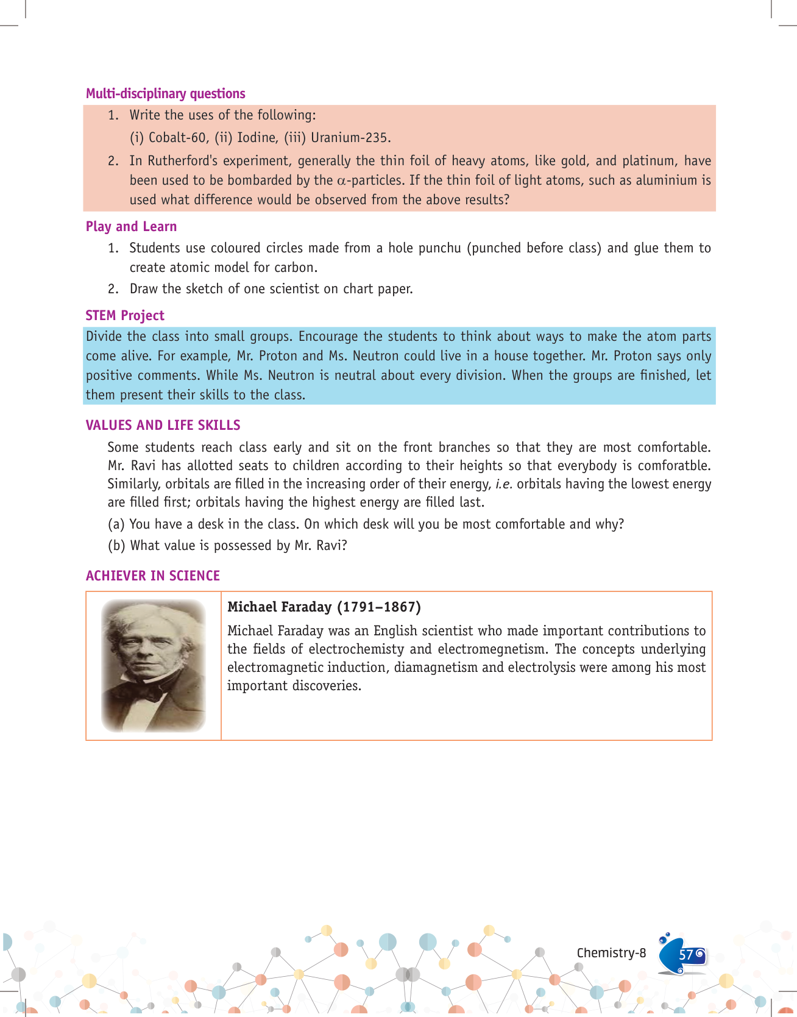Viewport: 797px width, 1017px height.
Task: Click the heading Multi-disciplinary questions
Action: point(165,93)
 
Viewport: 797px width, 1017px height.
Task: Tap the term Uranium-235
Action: point(350,138)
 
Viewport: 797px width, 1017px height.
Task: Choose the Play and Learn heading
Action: point(131,226)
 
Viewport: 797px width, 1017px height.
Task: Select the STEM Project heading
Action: point(125,315)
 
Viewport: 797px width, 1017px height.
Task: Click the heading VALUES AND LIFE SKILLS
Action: point(163,425)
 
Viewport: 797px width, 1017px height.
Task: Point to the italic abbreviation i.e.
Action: point(503,484)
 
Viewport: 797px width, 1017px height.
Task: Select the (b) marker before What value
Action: point(116,545)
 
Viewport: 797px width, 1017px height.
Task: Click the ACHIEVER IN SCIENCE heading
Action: point(152,576)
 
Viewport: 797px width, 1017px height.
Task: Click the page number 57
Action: point(686,954)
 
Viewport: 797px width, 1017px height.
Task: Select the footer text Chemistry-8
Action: point(611,953)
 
